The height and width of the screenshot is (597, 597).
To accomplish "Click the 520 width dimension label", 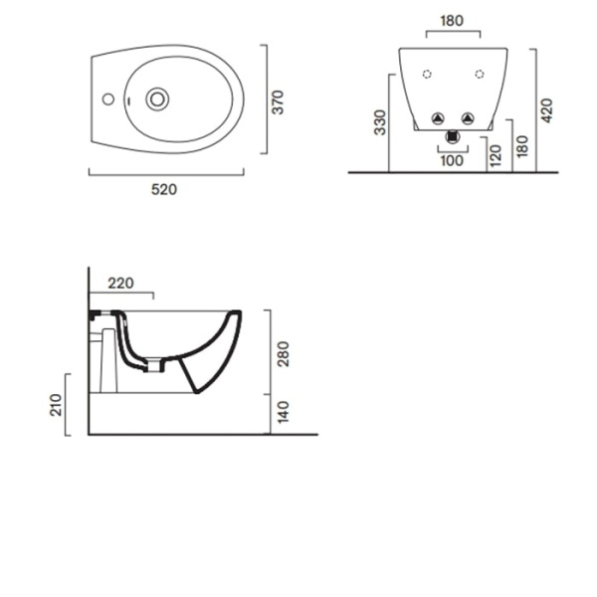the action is coord(164,189).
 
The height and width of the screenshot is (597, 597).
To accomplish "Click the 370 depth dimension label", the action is coord(278,102).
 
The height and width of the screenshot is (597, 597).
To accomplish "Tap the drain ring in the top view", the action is coord(157,99).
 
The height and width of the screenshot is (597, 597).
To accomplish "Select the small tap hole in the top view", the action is coord(108,99).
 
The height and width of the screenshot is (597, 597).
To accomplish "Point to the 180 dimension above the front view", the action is coord(452,21).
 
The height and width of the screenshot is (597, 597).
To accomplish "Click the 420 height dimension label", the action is coord(546,110).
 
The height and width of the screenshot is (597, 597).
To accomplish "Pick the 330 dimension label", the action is coord(380,122).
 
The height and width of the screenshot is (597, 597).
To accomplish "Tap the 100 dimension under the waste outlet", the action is coord(452,160).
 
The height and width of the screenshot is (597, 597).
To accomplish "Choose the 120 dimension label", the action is coord(496,156).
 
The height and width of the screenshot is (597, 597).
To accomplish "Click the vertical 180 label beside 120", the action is coord(522,146).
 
